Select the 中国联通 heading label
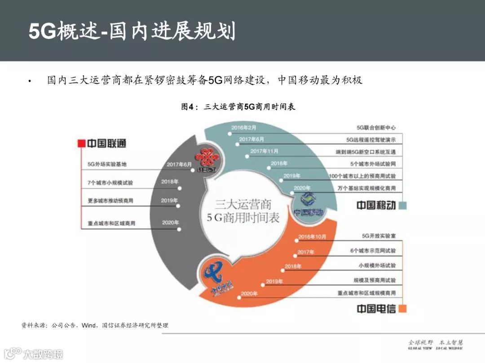tap(106, 143)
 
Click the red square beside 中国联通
tap(81, 143)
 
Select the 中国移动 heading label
tap(376, 205)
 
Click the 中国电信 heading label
tap(376, 309)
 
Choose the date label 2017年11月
tap(264, 151)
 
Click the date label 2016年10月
tap(312, 237)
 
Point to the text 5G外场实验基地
tap(107, 164)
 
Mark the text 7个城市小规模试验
tap(110, 183)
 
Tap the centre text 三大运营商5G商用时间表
tap(242, 212)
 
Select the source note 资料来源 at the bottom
tap(95, 325)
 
